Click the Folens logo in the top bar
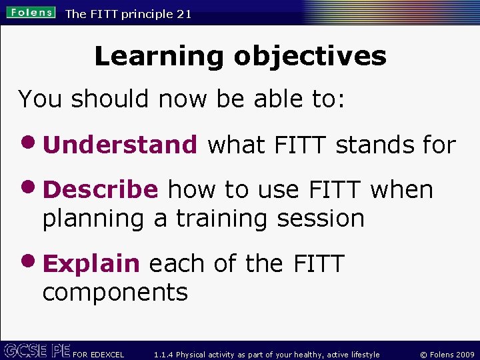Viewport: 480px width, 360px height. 31,13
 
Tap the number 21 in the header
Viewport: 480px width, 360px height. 184,14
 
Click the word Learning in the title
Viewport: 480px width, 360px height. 159,56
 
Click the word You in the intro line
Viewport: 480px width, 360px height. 41,99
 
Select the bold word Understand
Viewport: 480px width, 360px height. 120,144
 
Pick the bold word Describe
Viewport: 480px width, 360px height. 101,189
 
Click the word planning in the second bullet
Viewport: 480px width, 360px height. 93,219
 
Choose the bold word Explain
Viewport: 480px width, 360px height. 91,263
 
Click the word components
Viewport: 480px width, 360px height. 115,292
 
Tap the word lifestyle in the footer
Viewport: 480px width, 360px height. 363,355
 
